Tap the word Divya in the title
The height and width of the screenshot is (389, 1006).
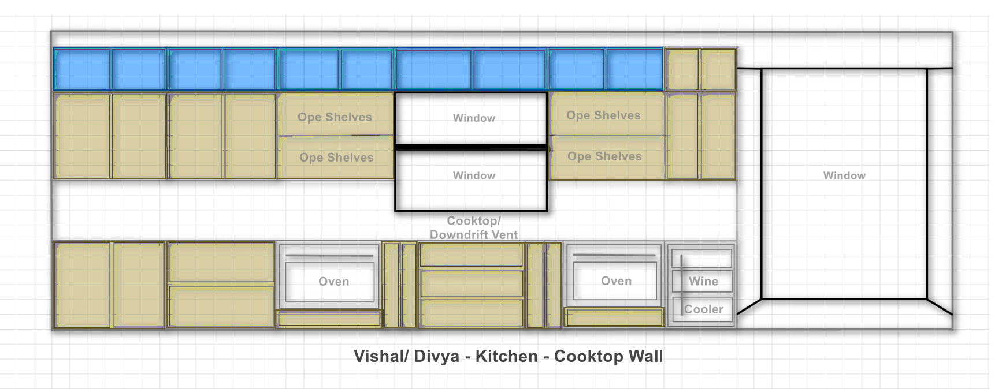click(437, 357)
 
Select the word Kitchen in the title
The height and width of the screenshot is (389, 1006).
click(507, 356)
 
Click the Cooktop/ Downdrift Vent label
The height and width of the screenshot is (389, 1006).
click(474, 227)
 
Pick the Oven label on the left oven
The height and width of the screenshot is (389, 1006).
click(334, 282)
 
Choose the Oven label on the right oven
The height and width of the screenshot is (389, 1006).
click(617, 281)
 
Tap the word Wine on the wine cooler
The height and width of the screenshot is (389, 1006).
click(704, 282)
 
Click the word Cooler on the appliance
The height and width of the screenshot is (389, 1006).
click(704, 309)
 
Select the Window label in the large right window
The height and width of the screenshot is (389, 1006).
click(845, 175)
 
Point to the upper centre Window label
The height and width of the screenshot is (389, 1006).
click(474, 118)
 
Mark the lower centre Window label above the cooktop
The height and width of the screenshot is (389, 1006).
click(474, 175)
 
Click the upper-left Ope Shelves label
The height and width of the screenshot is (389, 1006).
click(335, 117)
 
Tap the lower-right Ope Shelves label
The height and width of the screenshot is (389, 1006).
click(604, 156)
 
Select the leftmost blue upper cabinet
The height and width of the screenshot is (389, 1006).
click(82, 70)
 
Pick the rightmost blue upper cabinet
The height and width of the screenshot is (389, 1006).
click(634, 70)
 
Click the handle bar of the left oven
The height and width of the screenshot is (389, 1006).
click(329, 255)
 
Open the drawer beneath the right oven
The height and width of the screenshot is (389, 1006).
click(614, 317)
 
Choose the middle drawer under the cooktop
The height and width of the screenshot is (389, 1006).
click(472, 283)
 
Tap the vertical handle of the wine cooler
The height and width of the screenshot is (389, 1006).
click(682, 285)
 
